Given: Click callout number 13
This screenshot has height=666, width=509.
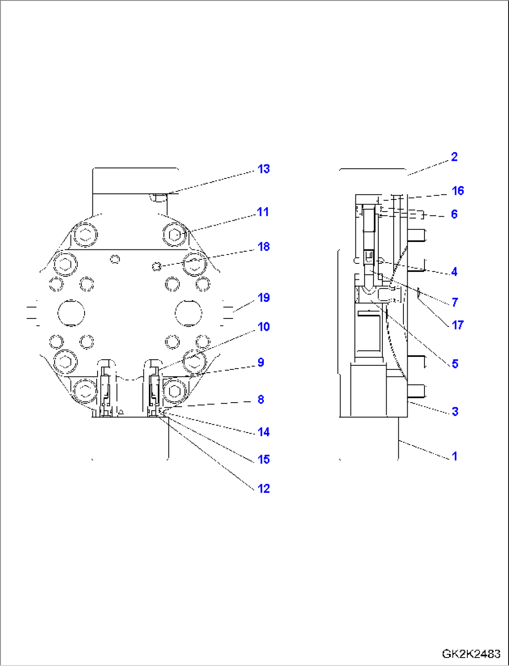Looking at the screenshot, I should pos(264,169).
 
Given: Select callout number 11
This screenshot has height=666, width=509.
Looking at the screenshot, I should pos(263,212).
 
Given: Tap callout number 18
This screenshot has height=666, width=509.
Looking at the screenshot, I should pos(264,247).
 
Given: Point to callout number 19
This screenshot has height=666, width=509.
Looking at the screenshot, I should pos(264,298).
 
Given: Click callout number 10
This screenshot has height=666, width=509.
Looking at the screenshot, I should pos(264,327).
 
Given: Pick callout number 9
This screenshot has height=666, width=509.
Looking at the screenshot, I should pos(261,362).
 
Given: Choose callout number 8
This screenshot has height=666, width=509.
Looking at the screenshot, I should pos(261,399).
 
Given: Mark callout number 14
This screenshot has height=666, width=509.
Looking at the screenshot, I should pos(264,432).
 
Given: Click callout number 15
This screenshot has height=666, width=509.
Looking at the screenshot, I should pos(264,460).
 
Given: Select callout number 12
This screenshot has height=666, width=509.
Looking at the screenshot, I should pos(264,489).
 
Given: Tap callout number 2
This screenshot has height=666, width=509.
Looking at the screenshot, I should pos(454,157).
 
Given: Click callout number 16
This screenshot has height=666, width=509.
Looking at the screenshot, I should pos(458,191).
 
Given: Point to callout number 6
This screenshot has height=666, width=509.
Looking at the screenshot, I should pos(454,214).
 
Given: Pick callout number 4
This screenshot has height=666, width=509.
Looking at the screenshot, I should pos(454,272).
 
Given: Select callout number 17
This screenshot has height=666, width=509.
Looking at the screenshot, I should pos(458,325).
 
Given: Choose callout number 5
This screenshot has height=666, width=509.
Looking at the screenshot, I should pos(455,364).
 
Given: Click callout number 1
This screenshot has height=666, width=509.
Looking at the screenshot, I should pos(455,456).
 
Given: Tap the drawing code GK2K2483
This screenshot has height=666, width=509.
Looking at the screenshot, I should pos(471,653).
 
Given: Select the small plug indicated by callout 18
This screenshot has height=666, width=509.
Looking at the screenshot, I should pos(157,266).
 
